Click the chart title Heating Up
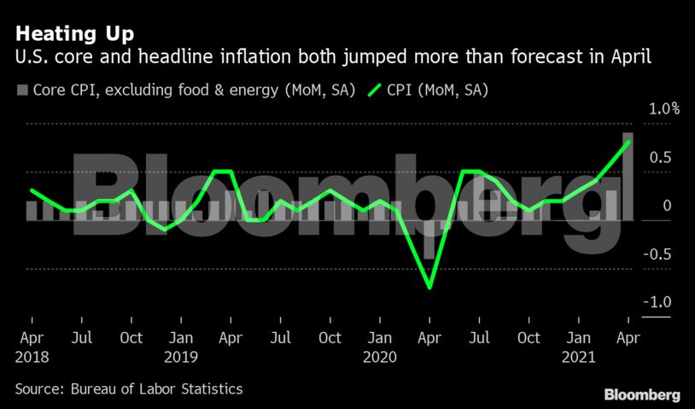click(x=73, y=34)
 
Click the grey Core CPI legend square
click(x=22, y=90)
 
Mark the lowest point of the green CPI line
click(x=429, y=288)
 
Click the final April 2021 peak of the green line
click(x=629, y=142)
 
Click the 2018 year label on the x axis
click(x=32, y=356)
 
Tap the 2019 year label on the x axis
click(x=181, y=356)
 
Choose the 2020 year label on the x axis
click(x=380, y=356)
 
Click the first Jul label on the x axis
click(x=81, y=337)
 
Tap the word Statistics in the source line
click(x=212, y=389)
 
